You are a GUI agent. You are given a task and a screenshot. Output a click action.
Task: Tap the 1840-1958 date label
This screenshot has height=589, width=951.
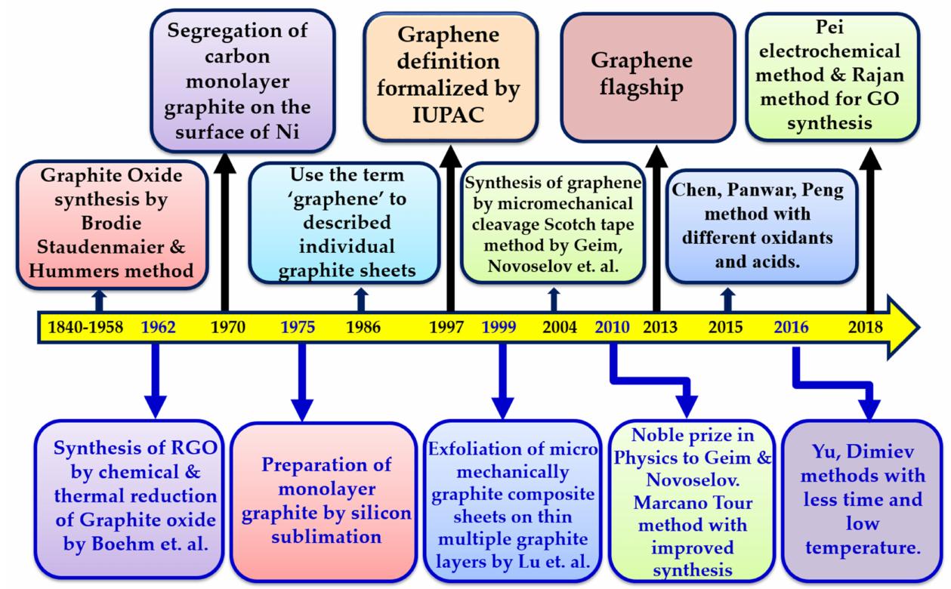85,327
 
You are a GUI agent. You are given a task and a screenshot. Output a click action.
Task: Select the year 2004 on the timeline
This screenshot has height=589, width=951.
560,327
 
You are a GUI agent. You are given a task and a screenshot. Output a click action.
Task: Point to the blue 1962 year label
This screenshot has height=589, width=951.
158,327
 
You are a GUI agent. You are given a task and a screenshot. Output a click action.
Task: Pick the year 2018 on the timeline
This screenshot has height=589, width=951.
866,327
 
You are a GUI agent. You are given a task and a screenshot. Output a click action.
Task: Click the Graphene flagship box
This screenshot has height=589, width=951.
647,76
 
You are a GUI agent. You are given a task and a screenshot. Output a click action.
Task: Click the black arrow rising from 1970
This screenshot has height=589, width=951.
224,227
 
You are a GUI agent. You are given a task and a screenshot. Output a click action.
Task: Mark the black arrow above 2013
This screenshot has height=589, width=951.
654,227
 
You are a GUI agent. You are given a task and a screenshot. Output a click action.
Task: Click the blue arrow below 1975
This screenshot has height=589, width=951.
302,381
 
